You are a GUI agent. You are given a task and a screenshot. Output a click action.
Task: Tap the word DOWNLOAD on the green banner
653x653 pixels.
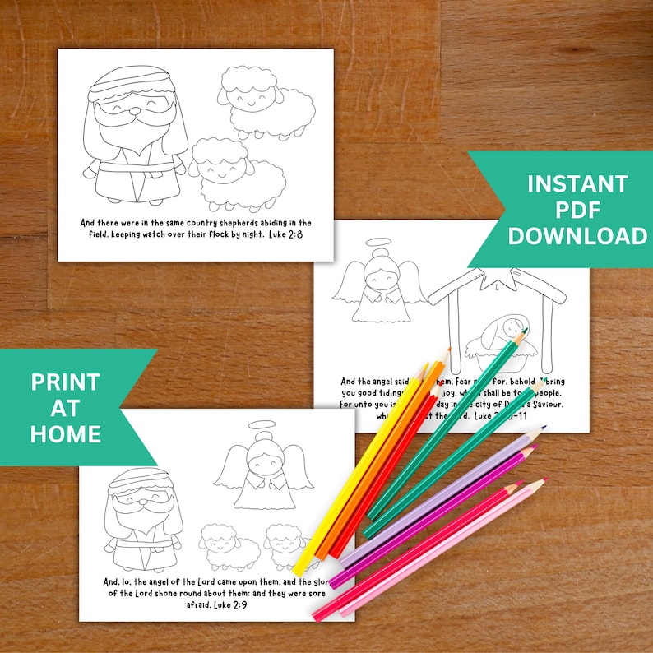[577, 237]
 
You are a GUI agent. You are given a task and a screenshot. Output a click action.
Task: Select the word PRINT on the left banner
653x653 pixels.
[65, 382]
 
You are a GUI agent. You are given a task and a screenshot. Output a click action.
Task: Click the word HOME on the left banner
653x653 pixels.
[65, 433]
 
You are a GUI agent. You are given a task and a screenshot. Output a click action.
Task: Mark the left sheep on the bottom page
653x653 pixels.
[223, 546]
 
